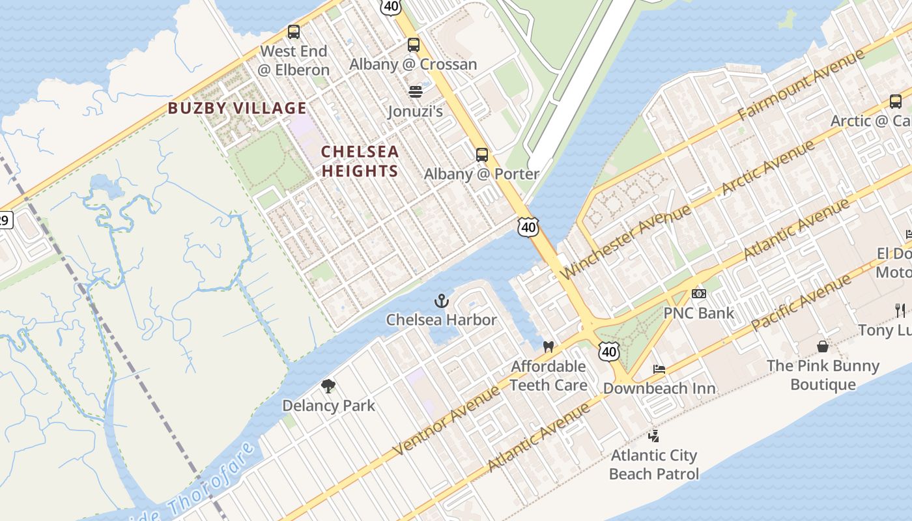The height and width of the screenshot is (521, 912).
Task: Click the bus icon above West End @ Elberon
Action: (x=294, y=31)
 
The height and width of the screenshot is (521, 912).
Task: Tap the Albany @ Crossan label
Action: (x=413, y=64)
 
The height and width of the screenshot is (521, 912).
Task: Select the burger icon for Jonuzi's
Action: (x=416, y=91)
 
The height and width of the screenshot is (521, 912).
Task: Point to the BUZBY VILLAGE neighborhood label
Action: (x=237, y=108)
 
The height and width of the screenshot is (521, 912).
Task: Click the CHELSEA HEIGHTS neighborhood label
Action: (x=360, y=161)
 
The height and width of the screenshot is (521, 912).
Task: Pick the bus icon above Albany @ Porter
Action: (x=481, y=154)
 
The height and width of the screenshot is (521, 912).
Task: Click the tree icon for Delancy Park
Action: (x=328, y=386)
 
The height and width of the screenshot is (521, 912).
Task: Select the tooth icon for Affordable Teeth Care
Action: (x=548, y=346)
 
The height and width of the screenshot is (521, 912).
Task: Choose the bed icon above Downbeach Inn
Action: (x=659, y=369)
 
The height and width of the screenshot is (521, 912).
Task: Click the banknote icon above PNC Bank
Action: (x=698, y=294)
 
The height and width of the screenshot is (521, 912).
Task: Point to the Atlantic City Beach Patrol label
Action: (x=653, y=464)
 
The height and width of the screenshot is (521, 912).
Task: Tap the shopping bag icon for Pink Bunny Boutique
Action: (x=823, y=346)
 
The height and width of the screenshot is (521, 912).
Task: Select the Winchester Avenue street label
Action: (x=625, y=241)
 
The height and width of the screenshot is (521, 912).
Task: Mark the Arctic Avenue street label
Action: (x=769, y=167)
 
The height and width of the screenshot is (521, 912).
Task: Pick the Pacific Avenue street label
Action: (x=801, y=302)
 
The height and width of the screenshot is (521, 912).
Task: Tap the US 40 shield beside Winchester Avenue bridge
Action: (x=528, y=226)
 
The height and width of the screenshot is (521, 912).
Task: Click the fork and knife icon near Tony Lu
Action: (x=900, y=310)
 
